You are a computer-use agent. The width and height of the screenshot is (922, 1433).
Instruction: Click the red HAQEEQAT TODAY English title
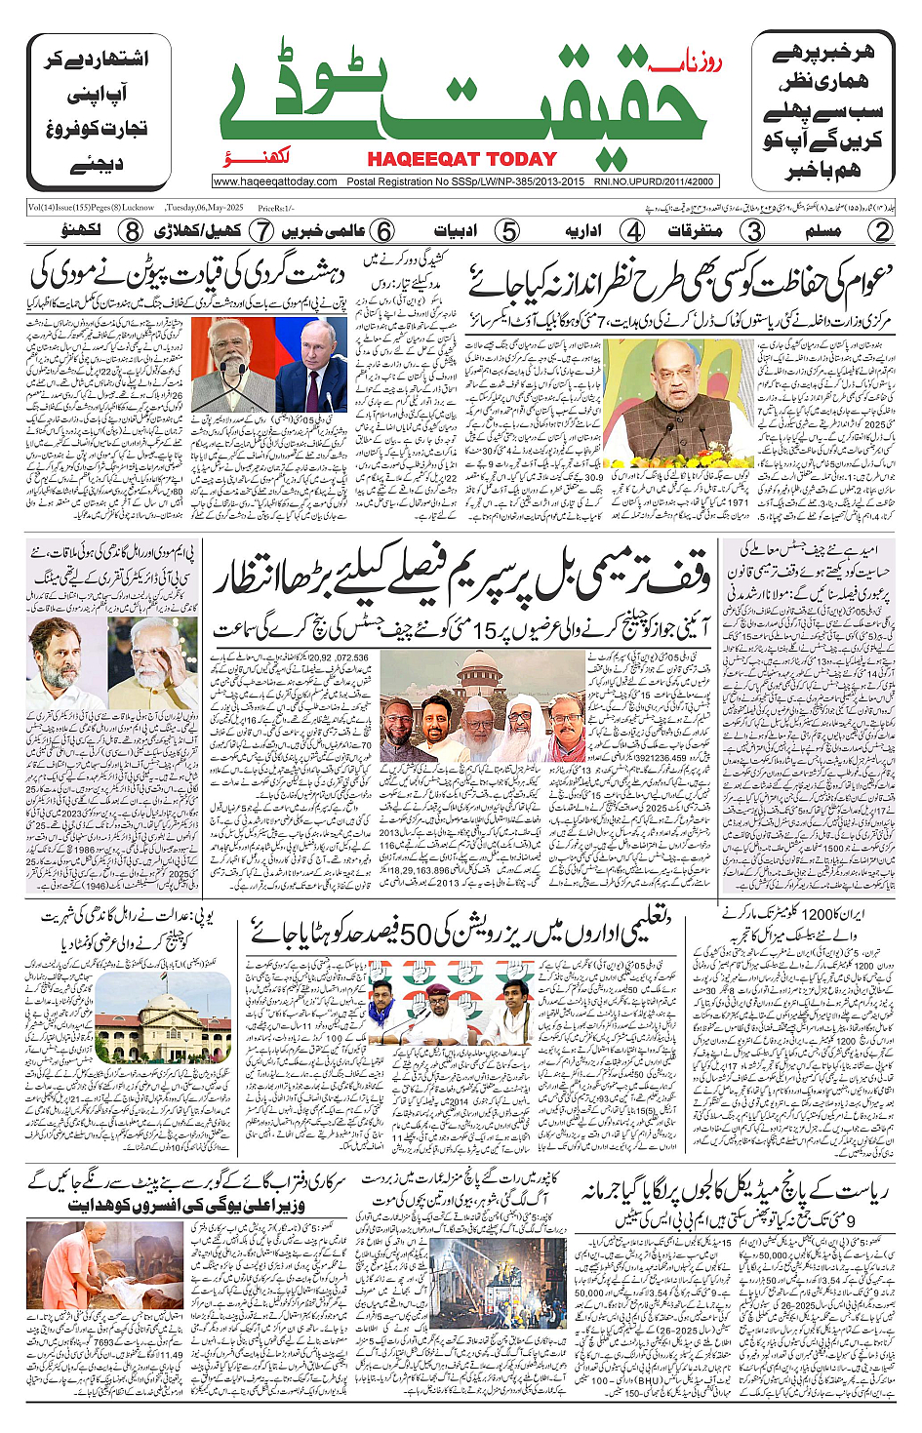click(461, 159)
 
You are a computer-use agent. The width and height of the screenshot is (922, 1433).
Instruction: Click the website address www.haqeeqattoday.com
click(275, 181)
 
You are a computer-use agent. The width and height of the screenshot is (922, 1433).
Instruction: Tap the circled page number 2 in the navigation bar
click(881, 231)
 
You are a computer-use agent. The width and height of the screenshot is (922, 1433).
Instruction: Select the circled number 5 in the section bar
click(507, 231)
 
